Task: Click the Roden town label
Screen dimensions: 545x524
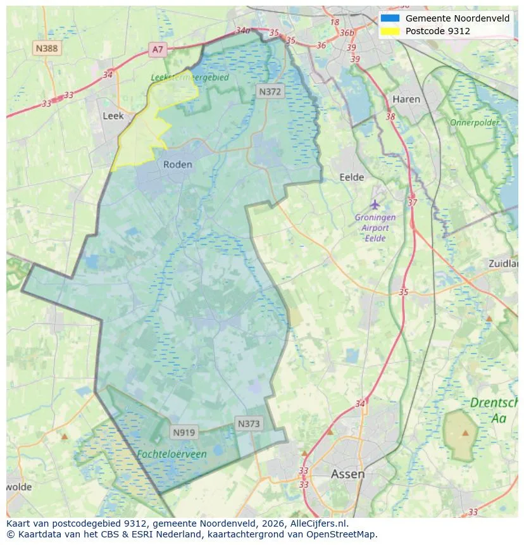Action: (177, 165)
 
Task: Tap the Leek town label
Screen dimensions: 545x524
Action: (113, 116)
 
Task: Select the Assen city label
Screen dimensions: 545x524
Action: (347, 473)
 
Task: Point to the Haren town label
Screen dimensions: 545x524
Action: (406, 99)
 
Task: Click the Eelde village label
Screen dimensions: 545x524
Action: (352, 177)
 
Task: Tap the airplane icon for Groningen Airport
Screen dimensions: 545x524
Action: (375, 204)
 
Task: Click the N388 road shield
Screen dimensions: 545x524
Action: (47, 47)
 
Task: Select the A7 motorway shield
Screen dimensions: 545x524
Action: (158, 49)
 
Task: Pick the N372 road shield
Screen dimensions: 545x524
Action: (270, 92)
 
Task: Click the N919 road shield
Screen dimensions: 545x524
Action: (184, 433)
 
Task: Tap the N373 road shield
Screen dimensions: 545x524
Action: (248, 423)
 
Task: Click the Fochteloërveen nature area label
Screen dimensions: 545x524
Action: (172, 454)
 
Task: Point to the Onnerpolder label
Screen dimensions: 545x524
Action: (475, 122)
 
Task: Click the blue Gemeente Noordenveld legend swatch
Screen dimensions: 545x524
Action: (390, 18)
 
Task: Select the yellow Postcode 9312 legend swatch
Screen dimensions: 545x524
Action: (390, 31)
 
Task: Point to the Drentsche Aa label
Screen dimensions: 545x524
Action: (497, 410)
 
